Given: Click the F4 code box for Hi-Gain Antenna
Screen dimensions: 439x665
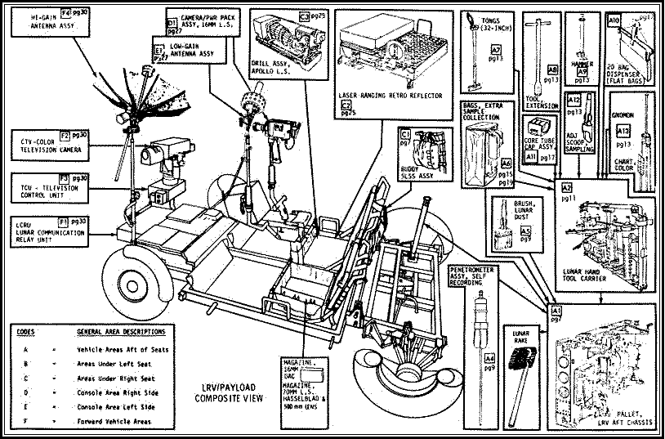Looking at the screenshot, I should (x=66, y=14).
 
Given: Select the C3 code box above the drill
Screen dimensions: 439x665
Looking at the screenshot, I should (x=304, y=16).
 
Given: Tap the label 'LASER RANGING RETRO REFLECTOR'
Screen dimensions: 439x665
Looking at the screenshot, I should (x=390, y=96).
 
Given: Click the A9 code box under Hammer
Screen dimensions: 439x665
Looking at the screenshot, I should (x=582, y=73).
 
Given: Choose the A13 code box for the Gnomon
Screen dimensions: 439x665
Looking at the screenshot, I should (x=623, y=131).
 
